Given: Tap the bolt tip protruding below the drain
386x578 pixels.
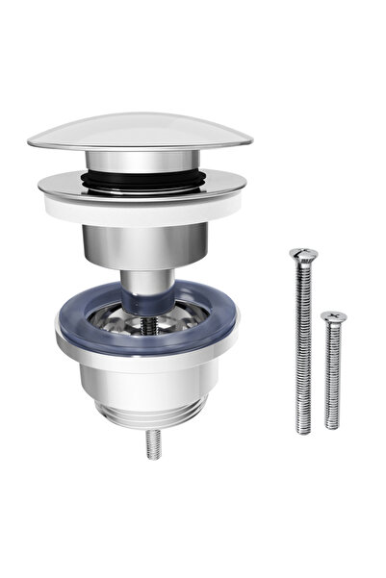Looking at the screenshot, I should (x=152, y=443).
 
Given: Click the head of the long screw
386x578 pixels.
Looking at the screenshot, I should (x=303, y=255).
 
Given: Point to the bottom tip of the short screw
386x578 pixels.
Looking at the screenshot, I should (x=332, y=424).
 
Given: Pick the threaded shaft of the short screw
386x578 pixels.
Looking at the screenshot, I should (x=332, y=375).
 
